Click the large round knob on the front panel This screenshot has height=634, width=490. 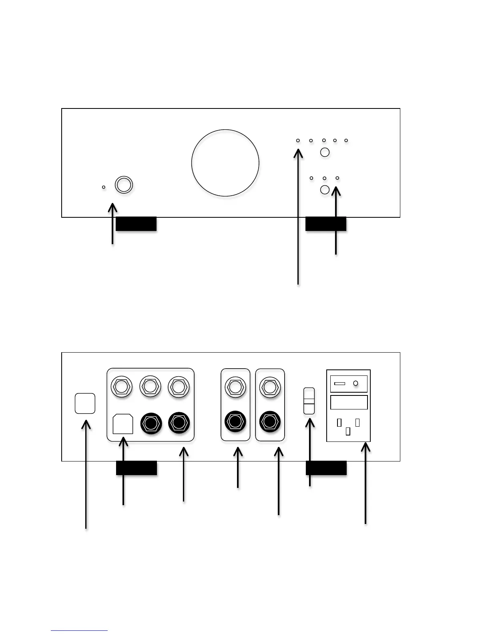tap(225, 163)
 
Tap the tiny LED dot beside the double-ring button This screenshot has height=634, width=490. tap(104, 187)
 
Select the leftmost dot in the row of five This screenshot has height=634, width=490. tap(298, 140)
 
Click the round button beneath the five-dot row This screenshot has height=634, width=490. tap(325, 152)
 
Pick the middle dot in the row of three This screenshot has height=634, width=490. tap(324, 178)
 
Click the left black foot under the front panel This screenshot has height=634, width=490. tap(136, 224)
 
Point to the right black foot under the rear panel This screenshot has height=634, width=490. tap(326, 468)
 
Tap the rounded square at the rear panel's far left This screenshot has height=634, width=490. tap(85, 403)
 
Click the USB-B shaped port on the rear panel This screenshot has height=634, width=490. tap(123, 424)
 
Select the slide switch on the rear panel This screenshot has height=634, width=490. tap(309, 401)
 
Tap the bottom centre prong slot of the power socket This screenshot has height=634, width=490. tap(348, 431)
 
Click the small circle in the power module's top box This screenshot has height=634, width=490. tap(355, 383)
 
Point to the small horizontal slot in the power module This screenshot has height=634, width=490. tap(339, 383)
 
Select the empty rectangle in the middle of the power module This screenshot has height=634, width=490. tap(349, 402)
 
